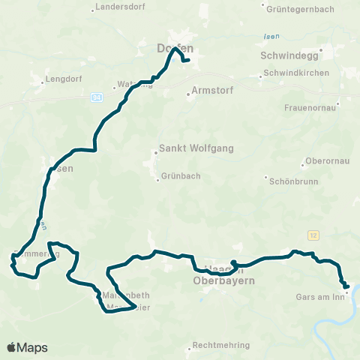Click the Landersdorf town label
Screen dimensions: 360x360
pos(118,10)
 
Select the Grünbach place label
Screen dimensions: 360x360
pos(181,178)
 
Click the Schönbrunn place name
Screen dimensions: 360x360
pos(293,179)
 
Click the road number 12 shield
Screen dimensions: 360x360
pos(313,235)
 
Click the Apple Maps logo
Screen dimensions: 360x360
pos(27,347)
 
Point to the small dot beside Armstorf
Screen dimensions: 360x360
pos(189,94)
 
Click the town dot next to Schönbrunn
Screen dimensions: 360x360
pos(268,178)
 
